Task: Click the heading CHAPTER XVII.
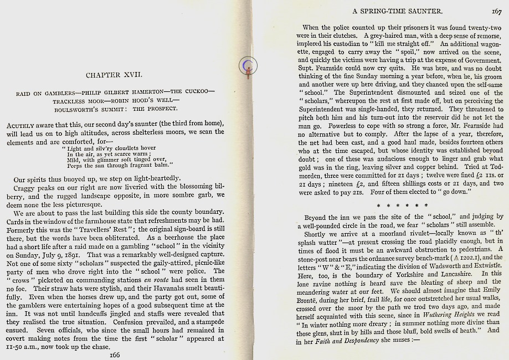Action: pos(114,74)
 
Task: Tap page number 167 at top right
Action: pos(496,11)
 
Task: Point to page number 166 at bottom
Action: pos(115,354)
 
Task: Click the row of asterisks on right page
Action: pos(399,205)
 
